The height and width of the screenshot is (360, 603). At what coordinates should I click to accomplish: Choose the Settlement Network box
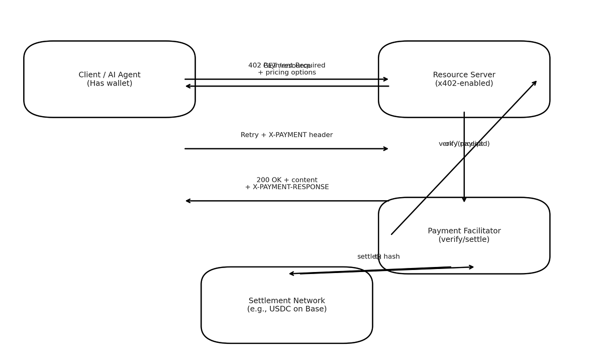pos(286,327)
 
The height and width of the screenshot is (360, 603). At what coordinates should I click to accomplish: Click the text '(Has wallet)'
pos(110,83)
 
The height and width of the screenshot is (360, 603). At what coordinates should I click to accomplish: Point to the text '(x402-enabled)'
pos(464,83)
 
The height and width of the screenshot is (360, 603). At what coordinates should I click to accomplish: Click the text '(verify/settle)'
pos(464,240)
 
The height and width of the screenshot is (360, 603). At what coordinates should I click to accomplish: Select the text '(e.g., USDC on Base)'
pos(286,309)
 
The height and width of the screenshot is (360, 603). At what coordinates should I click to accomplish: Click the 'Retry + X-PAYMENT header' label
pos(286,135)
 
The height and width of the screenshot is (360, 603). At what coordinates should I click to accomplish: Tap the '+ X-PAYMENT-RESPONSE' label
pos(286,187)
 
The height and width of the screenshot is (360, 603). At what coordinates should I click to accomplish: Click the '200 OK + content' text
pos(286,180)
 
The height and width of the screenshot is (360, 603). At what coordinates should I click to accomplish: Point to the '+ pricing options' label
pos(286,72)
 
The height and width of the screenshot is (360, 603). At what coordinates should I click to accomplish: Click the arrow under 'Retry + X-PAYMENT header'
pos(286,149)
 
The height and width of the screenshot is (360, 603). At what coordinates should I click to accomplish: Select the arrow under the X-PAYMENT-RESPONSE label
pos(286,201)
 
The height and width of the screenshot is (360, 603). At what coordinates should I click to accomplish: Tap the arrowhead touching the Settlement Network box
pos(291,274)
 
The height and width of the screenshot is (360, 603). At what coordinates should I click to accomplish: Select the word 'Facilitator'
pos(478,231)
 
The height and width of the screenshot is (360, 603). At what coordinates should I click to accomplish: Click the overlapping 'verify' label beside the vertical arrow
pos(450,144)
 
